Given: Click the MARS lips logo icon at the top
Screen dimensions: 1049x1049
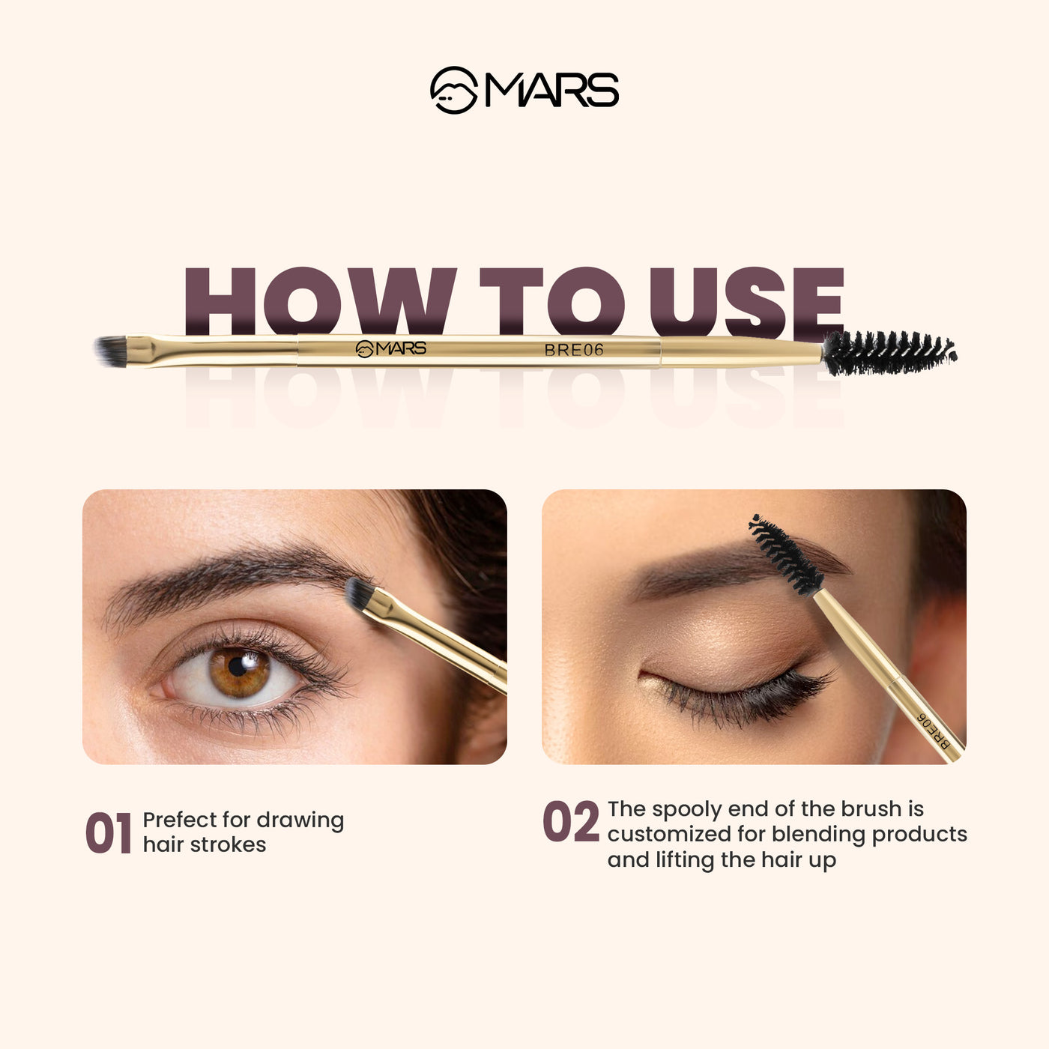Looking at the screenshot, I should click(x=453, y=91).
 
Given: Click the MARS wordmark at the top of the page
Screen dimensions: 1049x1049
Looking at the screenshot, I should click(x=551, y=91).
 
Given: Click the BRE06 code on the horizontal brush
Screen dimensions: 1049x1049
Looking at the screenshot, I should click(x=574, y=350).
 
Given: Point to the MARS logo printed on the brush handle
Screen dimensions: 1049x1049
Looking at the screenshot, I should click(x=391, y=348).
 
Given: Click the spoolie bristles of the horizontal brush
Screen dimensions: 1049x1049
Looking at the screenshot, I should click(x=888, y=352).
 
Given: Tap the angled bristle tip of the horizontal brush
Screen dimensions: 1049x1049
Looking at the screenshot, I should click(x=111, y=351).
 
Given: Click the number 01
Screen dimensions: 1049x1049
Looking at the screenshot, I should click(x=108, y=833).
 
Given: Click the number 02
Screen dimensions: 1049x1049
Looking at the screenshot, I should click(x=571, y=822).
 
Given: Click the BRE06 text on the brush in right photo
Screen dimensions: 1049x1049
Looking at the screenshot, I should click(x=934, y=731).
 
